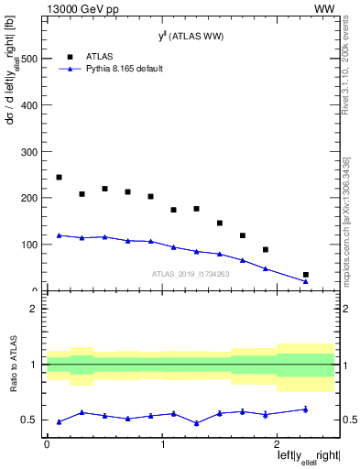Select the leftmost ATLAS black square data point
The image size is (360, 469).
tap(59, 177)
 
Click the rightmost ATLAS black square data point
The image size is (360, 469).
tap(306, 275)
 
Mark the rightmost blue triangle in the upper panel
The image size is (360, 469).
tap(306, 281)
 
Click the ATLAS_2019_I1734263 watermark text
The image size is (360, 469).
tap(190, 274)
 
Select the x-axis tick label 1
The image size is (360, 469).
tap(162, 444)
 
